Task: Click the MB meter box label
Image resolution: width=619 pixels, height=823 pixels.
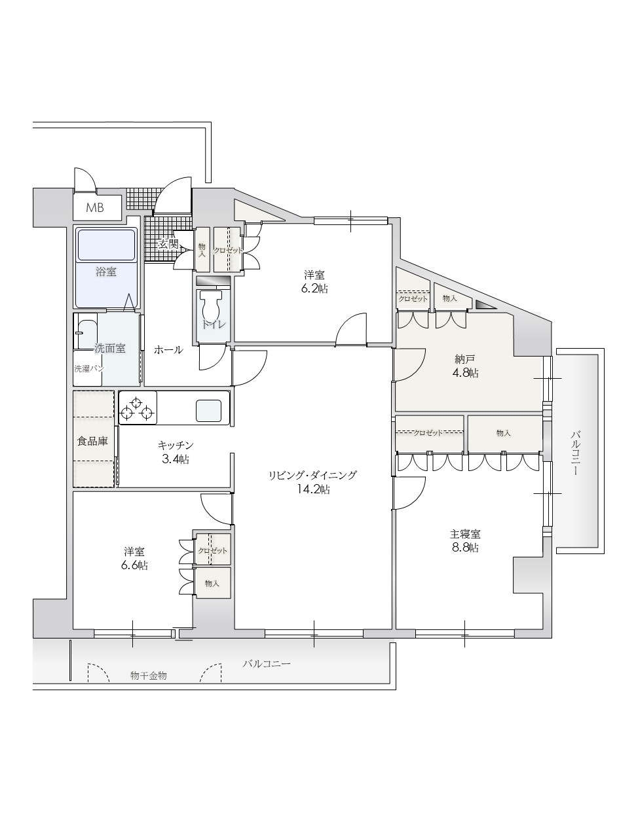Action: click(x=95, y=208)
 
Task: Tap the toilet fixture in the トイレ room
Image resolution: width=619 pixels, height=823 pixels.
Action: click(x=210, y=305)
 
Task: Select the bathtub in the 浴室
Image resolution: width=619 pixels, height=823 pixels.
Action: click(x=106, y=245)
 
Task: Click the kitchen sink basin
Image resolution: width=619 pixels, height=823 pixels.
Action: click(x=208, y=411)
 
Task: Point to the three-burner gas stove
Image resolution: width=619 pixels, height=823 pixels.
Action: click(x=138, y=408)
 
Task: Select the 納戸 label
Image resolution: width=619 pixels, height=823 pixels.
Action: click(x=464, y=359)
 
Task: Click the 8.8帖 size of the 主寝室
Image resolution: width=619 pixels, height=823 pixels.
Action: click(x=464, y=548)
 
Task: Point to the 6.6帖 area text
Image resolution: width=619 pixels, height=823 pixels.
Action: click(x=134, y=565)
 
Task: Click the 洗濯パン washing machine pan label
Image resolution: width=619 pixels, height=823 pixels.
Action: click(x=89, y=368)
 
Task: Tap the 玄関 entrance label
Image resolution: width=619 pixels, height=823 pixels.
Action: click(x=168, y=245)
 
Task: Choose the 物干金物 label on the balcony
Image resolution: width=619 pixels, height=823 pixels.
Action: click(x=149, y=676)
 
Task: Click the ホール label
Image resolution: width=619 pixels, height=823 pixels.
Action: click(x=168, y=350)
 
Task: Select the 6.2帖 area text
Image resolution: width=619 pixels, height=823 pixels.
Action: click(x=314, y=289)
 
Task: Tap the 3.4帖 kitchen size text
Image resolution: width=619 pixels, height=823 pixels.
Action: click(x=176, y=459)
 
